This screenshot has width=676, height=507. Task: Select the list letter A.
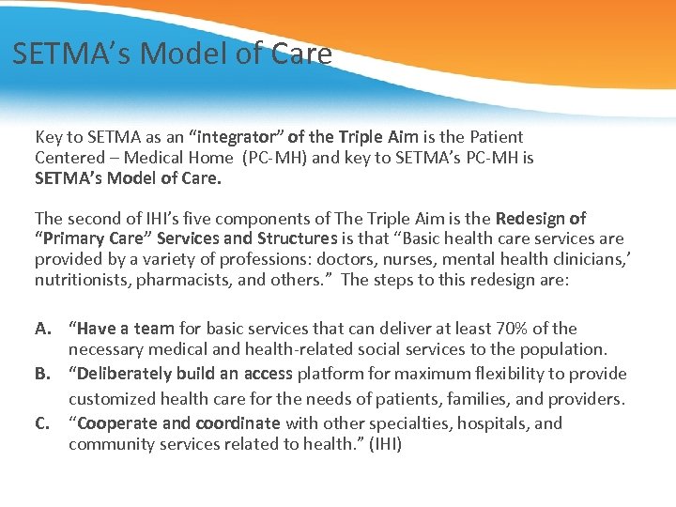click(43, 329)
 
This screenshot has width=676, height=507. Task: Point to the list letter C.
click(43, 423)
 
